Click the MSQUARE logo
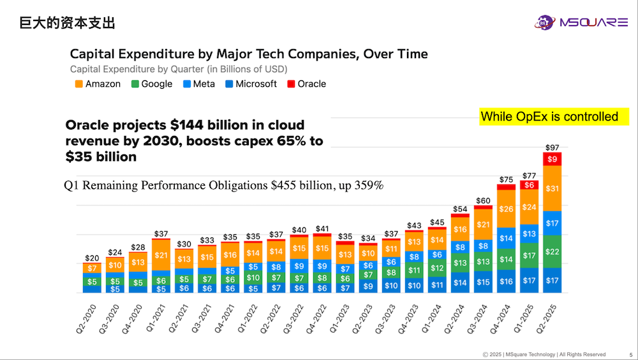[581, 23]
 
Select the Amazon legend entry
[97, 84]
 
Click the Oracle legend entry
[306, 84]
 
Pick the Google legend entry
[151, 84]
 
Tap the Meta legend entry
[198, 84]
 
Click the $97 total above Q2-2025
[552, 147]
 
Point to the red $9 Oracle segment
[552, 159]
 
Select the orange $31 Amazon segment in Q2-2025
[552, 188]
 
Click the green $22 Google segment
[552, 251]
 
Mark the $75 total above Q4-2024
[506, 179]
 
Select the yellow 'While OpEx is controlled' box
[549, 116]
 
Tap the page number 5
[630, 354]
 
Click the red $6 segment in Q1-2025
[529, 185]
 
